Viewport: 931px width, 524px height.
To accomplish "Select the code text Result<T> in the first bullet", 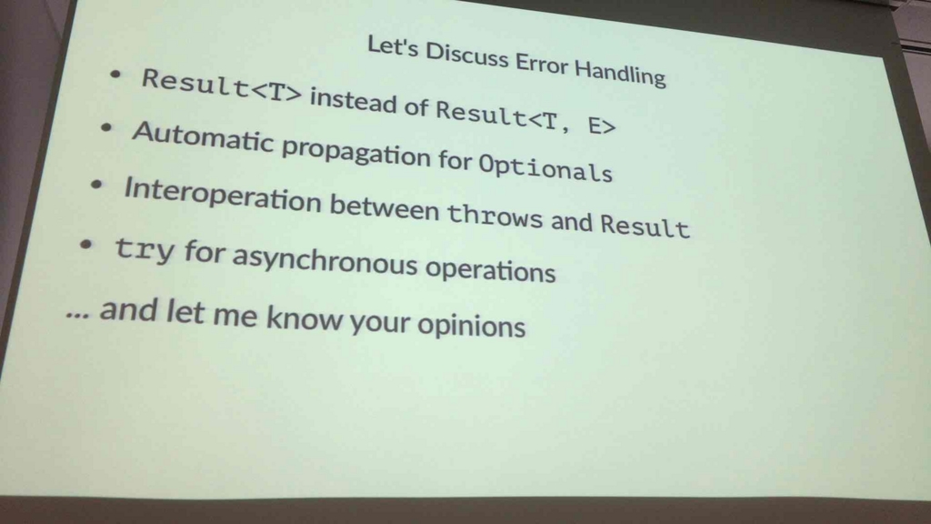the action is [222, 85].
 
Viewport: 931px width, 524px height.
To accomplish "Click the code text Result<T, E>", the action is [526, 117].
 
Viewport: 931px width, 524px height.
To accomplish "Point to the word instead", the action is [354, 100].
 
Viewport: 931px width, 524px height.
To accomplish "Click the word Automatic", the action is [202, 137].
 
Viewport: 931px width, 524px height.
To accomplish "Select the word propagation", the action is [356, 153].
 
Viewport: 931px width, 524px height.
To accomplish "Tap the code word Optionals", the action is [546, 167].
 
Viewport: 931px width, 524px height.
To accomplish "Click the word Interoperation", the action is [223, 195].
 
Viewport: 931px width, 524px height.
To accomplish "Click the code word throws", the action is [495, 215].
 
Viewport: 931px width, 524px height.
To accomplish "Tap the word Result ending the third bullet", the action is [645, 226].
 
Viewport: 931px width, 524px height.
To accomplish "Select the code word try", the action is [145, 249].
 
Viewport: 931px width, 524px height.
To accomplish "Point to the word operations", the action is [490, 269].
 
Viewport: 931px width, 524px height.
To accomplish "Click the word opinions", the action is [472, 325].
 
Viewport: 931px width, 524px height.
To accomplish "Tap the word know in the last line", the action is [305, 317].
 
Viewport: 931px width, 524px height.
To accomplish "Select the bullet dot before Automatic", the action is [106, 127].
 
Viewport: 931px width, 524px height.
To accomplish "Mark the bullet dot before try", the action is [86, 244].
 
